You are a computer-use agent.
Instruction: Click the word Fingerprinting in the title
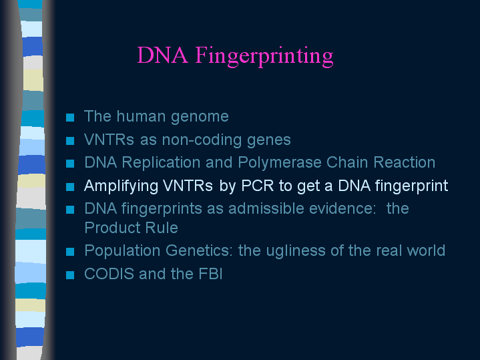264,56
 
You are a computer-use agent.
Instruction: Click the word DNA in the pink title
162,55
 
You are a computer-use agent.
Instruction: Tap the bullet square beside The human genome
70,118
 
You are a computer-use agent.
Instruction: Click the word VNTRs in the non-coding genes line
109,140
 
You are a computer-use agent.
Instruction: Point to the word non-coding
202,140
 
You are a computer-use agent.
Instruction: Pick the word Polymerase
280,163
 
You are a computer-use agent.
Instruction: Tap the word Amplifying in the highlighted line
121,186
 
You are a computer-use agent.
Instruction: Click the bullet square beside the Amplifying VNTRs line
70,186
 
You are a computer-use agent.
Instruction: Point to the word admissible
266,208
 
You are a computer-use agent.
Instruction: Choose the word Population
122,251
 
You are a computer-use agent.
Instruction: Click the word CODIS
109,274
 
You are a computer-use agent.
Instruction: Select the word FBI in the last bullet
210,274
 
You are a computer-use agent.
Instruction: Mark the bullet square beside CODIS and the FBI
70,275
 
